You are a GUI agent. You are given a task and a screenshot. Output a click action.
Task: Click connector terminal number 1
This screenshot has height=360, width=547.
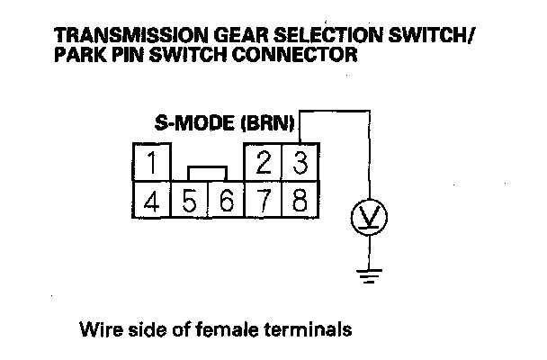(x=154, y=165)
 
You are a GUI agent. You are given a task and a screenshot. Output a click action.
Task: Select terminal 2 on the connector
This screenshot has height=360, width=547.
(x=264, y=165)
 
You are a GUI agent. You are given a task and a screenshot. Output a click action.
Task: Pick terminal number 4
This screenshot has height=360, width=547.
(x=154, y=198)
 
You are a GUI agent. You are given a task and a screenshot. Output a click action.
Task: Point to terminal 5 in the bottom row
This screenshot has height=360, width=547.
(x=189, y=198)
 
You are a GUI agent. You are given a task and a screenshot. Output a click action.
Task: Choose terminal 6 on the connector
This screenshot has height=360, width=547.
(x=226, y=198)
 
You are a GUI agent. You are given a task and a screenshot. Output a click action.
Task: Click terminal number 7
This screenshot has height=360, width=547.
(x=264, y=198)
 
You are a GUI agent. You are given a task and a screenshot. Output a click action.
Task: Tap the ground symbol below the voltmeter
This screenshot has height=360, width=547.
(x=366, y=274)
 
